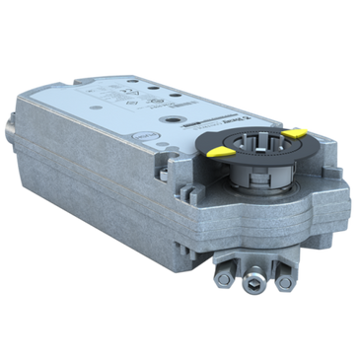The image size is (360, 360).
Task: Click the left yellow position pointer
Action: [x=223, y=154]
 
